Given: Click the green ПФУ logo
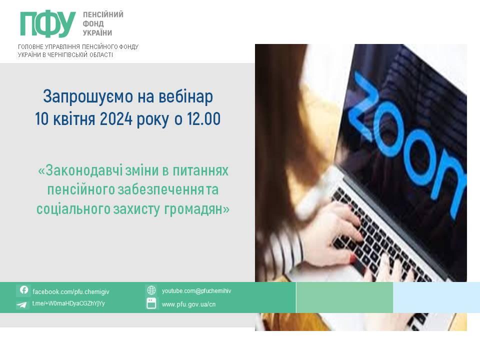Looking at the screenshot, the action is click(x=48, y=24).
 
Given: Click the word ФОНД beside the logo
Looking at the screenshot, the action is click(x=93, y=23).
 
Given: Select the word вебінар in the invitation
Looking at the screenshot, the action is click(x=185, y=96).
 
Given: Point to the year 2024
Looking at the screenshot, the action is click(x=116, y=119).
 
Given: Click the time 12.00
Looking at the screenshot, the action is click(x=203, y=119).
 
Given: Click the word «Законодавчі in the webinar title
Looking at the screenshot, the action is click(x=80, y=170).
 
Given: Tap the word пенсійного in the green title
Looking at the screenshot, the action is click(x=81, y=190).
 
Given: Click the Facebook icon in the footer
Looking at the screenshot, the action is click(x=23, y=290).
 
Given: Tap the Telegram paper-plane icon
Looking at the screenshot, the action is click(x=21, y=304).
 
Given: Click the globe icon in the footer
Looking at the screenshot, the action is click(x=151, y=290).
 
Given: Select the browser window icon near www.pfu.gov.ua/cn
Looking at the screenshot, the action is click(x=151, y=303).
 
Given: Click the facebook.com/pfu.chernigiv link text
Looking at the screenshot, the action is click(x=70, y=291).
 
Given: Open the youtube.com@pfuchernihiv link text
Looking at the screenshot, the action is click(x=196, y=291).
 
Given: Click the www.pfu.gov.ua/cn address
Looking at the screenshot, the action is click(x=188, y=304).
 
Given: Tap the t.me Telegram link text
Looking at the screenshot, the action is click(x=68, y=303).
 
